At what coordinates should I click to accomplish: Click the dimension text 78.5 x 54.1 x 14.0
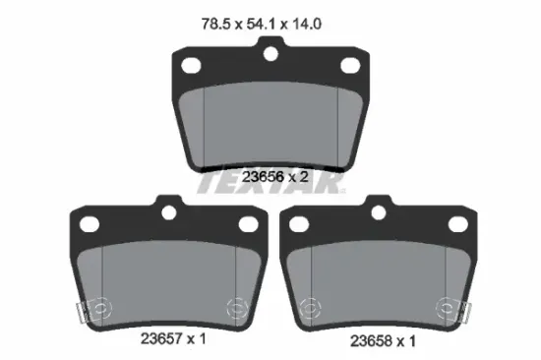pos(262,25)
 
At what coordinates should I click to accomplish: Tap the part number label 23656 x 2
pos(274,177)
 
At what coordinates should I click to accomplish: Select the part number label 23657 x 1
pos(173,338)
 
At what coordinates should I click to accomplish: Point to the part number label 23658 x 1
pos(383,341)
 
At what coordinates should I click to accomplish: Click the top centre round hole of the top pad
pos(270,54)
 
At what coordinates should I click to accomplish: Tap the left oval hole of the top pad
pos(191,66)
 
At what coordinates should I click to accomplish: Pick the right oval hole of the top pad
pos(350,66)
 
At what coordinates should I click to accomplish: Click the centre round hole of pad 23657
pos(169,212)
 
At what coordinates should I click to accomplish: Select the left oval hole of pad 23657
pos(90,224)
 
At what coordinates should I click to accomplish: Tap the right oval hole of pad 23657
pos(249,224)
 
